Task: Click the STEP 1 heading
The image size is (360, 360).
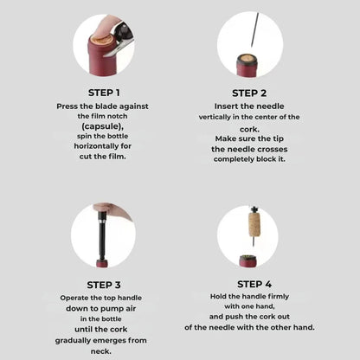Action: coord(104,92)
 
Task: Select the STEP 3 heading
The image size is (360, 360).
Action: coord(104,285)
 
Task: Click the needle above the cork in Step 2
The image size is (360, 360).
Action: coord(250,29)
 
